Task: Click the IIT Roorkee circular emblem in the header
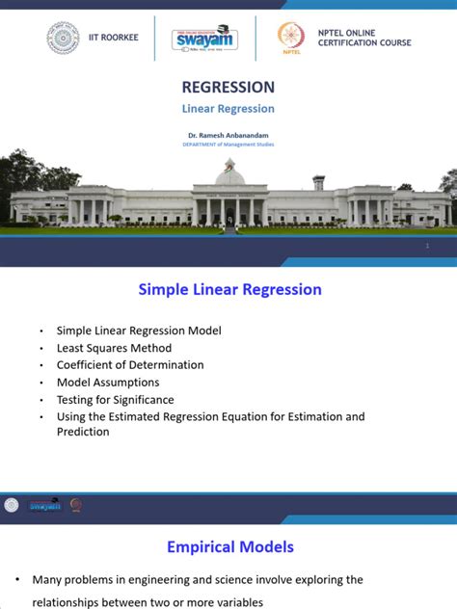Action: [63, 38]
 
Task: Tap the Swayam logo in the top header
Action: [204, 39]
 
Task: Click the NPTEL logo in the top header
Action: [290, 38]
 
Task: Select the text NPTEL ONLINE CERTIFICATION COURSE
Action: [363, 38]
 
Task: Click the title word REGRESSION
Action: [228, 87]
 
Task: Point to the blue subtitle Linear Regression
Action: [228, 109]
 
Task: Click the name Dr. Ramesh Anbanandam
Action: [228, 136]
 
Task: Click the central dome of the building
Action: [229, 174]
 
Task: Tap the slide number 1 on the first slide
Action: [427, 247]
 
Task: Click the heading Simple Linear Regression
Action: [229, 289]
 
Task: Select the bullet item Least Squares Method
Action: [114, 348]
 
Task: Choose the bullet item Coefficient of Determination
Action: [130, 365]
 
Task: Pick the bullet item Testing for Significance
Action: [115, 400]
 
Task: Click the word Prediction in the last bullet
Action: [83, 433]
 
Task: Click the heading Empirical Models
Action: [229, 547]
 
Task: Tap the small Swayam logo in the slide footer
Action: [43, 505]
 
